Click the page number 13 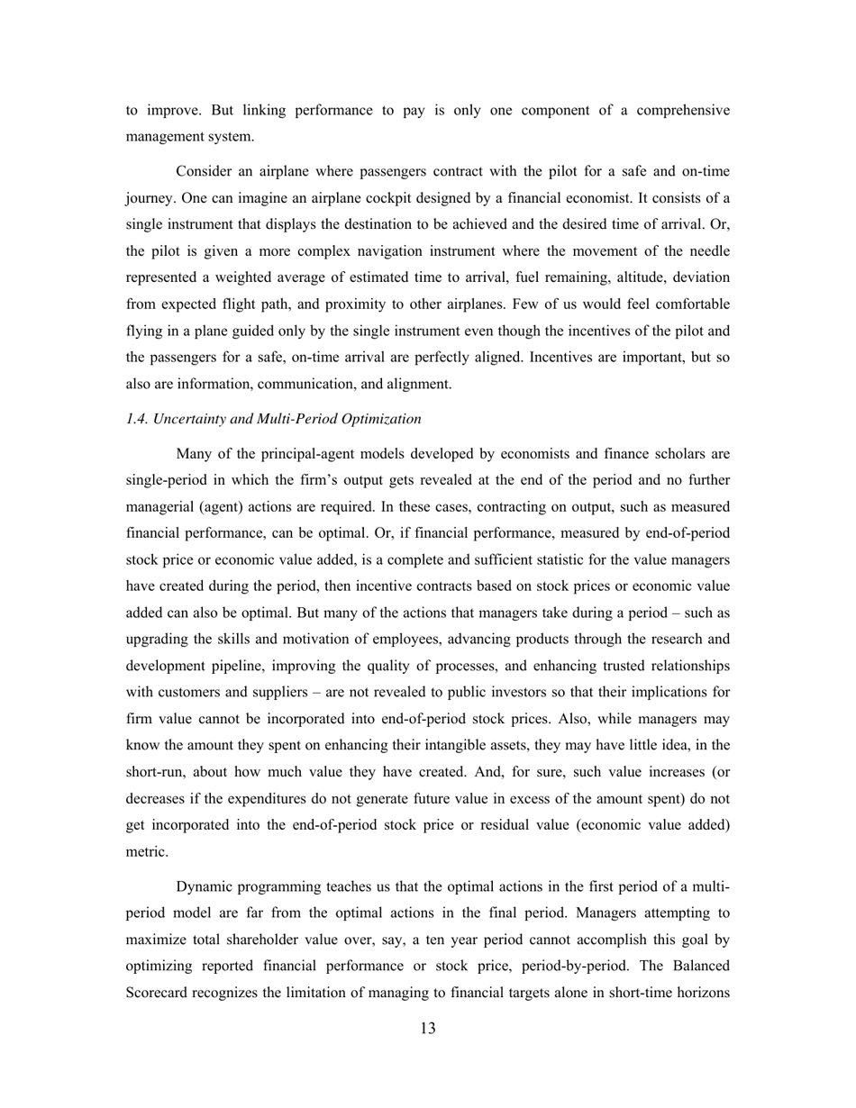click(x=428, y=1029)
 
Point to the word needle click(x=708, y=250)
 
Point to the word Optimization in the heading click(x=384, y=419)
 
